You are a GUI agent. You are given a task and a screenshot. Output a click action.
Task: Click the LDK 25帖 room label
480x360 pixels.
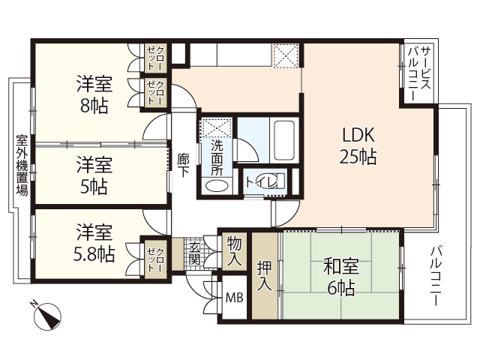[x=358, y=146]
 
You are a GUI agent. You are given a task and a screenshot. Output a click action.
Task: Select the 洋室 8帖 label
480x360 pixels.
[x=94, y=94]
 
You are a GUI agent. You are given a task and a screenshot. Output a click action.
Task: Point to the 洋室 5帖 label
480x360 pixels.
[x=94, y=174]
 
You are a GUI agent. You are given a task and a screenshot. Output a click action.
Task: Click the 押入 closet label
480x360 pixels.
[x=265, y=274]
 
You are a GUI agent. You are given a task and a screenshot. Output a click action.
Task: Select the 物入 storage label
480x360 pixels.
[x=235, y=250]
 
